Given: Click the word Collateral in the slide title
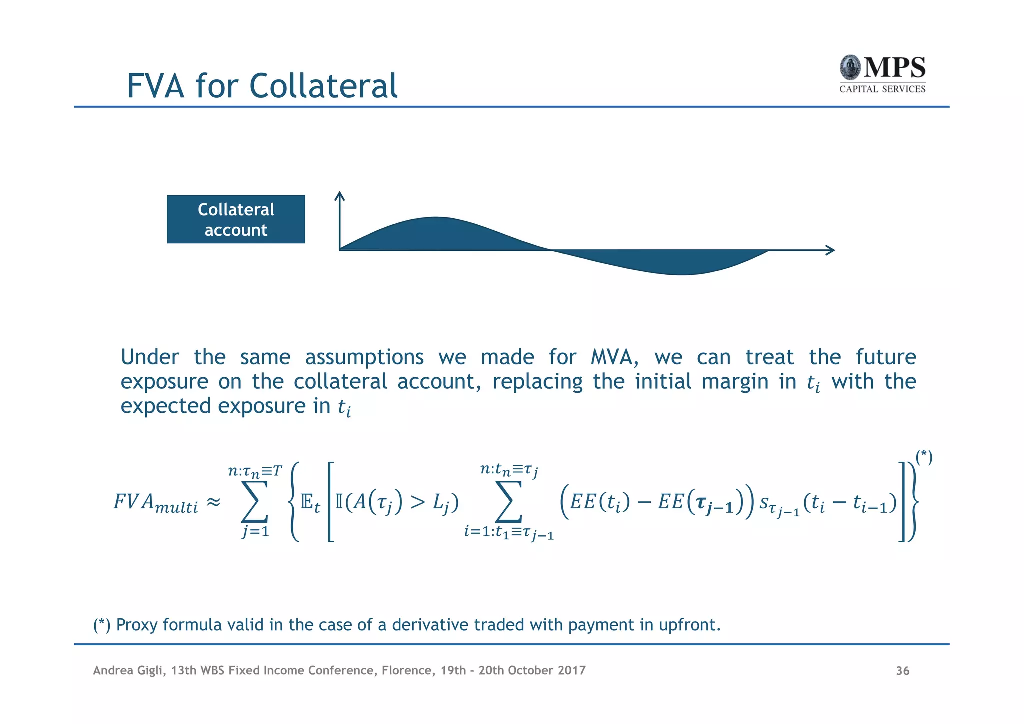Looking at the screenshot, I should (x=323, y=86).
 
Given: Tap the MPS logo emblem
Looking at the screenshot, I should (x=850, y=67).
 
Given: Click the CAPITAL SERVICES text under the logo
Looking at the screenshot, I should (x=882, y=89).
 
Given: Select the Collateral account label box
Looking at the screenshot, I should (x=236, y=219).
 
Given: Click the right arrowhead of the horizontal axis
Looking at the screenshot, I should (x=830, y=250).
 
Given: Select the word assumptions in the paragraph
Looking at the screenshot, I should (x=364, y=357).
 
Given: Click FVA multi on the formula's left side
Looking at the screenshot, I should (x=155, y=502).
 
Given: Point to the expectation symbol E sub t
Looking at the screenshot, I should (x=310, y=502).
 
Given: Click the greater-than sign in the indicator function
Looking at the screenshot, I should (x=417, y=502).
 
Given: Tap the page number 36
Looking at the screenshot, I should (x=902, y=671).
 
